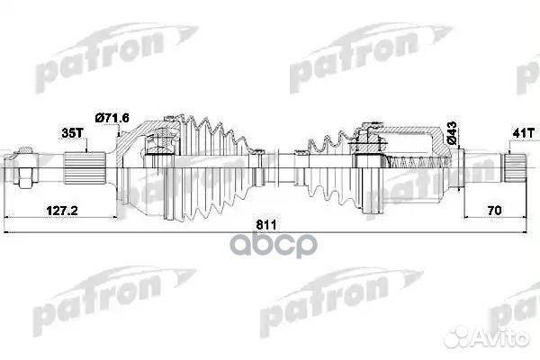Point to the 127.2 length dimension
coord(60,211)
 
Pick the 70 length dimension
coord(494,211)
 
